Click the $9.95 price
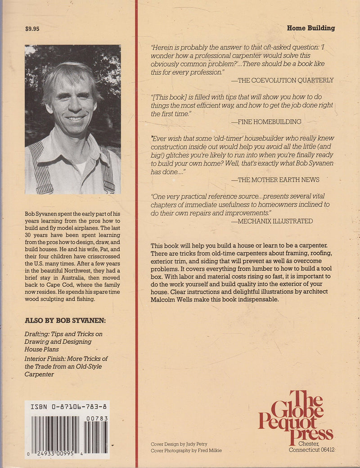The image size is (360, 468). coord(32,29)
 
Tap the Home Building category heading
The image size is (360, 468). coord(310,28)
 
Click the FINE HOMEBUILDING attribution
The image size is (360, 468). coord(266,122)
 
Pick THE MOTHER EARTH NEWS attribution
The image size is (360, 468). coord(275,180)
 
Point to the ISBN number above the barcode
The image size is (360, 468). coord(70,406)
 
